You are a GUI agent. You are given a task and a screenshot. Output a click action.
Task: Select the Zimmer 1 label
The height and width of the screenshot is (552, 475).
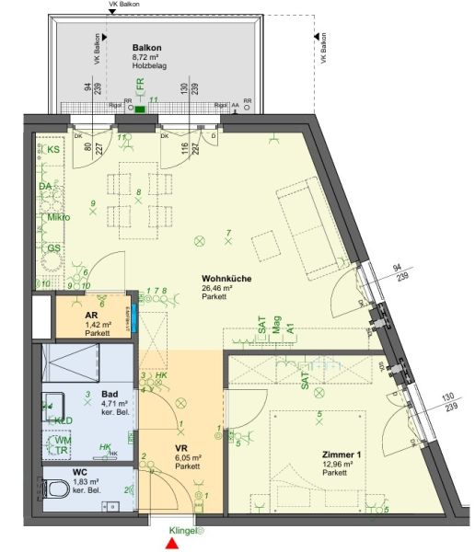342,454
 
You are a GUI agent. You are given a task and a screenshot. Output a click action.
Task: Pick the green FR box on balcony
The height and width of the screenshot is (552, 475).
141,109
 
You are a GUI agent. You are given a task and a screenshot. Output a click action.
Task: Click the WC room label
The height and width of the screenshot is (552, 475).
81,472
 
